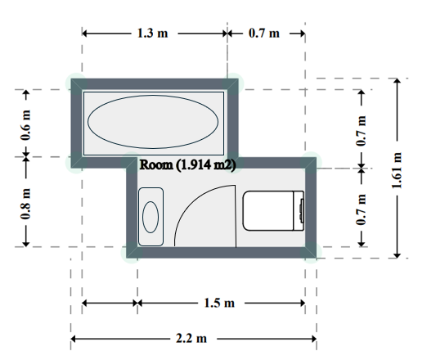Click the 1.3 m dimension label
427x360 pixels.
coord(152,34)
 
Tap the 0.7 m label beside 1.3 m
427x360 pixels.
coord(264,34)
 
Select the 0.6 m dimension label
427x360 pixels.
coord(26,125)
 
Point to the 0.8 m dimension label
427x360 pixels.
coord(26,204)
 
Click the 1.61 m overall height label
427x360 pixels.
coord(397,170)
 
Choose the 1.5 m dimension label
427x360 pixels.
coord(219,303)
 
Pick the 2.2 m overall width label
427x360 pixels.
coord(191,339)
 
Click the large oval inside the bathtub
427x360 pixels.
coord(153,122)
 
